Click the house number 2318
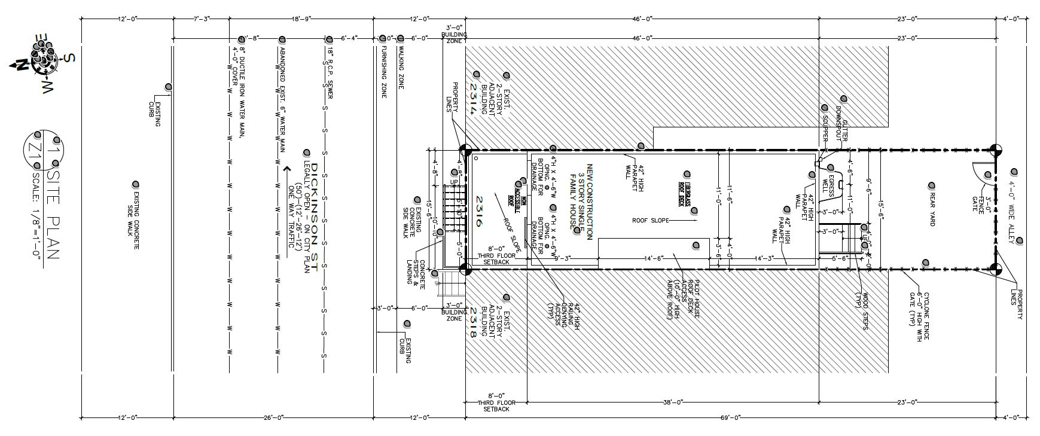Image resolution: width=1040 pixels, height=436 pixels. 472,323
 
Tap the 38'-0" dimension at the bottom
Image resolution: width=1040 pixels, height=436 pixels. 672,402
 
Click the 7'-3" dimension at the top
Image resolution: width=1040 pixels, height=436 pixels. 202,19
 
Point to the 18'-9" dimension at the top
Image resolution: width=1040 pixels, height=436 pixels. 301,19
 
